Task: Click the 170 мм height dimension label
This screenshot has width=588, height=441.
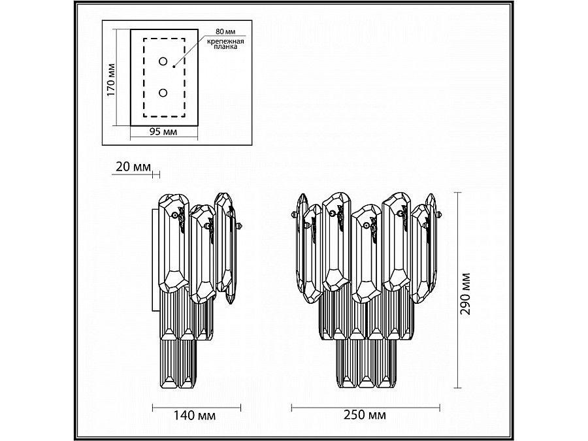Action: point(111,79)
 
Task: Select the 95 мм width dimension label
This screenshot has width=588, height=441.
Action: point(163,132)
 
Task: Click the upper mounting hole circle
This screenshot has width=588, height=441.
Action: point(163,62)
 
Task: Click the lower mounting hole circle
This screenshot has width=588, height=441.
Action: point(163,93)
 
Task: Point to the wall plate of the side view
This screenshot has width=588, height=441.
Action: point(155,261)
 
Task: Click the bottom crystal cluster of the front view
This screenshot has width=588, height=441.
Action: point(367,366)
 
